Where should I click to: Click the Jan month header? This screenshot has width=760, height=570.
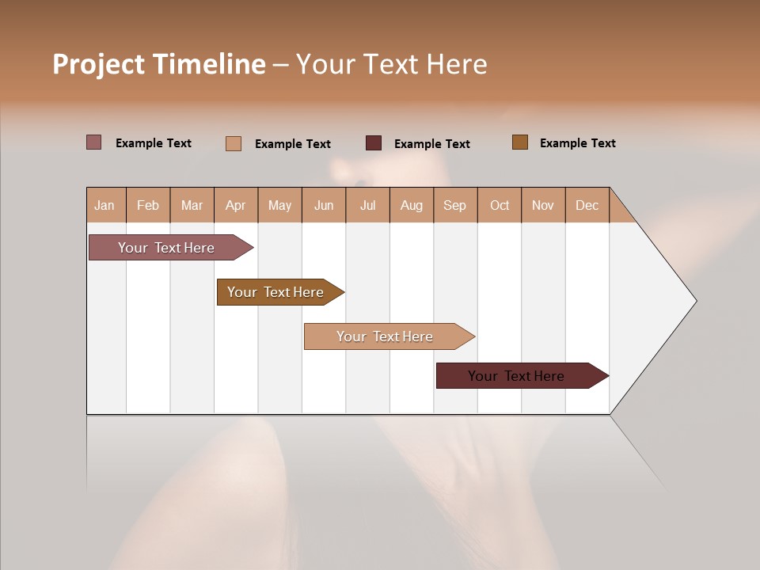(105, 205)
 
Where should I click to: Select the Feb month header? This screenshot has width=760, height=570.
(148, 205)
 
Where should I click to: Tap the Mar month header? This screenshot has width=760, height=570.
(192, 205)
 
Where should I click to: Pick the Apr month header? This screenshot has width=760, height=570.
(236, 205)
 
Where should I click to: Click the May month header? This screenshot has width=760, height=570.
(279, 205)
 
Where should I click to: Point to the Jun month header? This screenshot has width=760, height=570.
(324, 205)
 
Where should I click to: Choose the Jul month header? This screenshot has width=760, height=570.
(367, 205)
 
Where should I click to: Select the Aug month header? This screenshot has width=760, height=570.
(412, 205)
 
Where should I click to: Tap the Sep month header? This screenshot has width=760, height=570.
(455, 205)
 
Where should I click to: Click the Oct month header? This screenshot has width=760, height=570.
(500, 205)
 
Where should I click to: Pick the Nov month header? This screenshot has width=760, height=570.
(543, 205)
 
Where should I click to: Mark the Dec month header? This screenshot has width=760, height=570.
(587, 205)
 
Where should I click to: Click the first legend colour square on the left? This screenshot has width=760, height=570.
(94, 142)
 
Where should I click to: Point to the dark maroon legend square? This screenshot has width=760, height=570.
(374, 143)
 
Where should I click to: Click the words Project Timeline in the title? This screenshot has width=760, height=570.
(159, 64)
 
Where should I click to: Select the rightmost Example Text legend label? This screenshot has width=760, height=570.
(577, 143)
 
